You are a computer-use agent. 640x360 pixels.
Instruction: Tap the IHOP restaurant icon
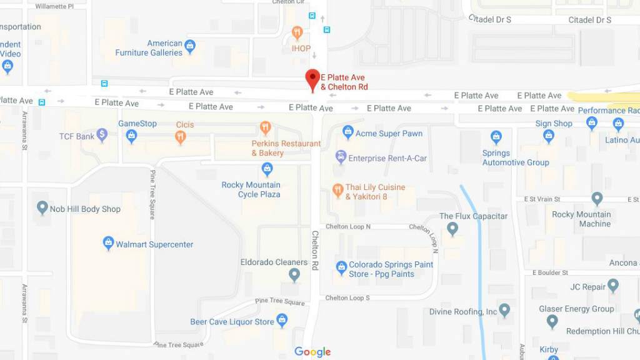(297, 32)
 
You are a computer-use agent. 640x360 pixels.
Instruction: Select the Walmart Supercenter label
(154, 244)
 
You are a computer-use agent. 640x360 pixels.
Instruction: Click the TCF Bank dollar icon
(102, 135)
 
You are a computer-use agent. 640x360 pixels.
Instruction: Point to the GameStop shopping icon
(131, 136)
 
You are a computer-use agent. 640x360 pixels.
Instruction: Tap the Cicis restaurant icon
(181, 137)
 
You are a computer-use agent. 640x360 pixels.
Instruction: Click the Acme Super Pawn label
(389, 133)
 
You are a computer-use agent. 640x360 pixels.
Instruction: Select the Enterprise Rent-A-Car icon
(341, 156)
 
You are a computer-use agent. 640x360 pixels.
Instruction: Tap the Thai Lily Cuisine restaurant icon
(337, 190)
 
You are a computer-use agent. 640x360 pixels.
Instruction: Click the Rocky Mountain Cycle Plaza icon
(267, 169)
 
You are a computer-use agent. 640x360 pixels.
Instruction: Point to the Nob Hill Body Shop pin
(42, 207)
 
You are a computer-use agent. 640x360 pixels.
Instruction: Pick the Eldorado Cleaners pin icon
(294, 274)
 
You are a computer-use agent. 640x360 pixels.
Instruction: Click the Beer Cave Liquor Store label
(232, 322)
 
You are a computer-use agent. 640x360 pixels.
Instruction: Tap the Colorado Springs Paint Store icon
(341, 268)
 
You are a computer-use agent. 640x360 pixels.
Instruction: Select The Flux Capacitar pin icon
(452, 229)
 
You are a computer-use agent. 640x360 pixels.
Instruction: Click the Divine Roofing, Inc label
(463, 311)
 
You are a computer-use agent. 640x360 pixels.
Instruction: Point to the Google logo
(312, 352)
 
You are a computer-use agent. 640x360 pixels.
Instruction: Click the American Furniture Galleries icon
(190, 46)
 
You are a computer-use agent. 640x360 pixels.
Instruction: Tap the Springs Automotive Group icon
(496, 137)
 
